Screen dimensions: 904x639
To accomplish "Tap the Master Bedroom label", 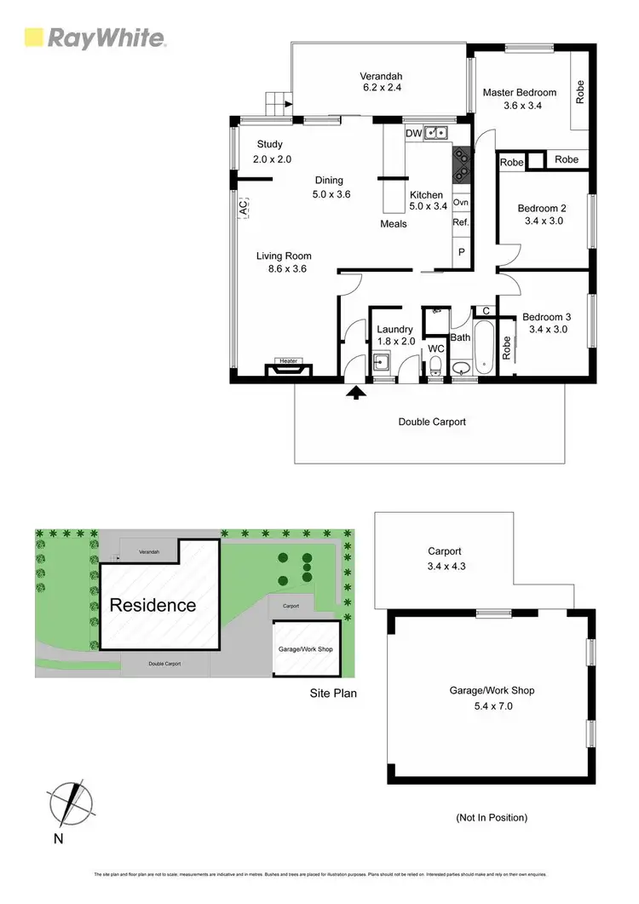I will click(519, 93).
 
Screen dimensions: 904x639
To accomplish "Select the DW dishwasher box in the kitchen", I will click(413, 134).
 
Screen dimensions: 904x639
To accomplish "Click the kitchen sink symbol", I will click(438, 133).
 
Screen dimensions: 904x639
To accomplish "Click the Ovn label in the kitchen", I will click(461, 203).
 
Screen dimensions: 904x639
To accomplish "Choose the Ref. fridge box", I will click(461, 222).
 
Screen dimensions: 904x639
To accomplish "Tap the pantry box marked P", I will click(461, 252).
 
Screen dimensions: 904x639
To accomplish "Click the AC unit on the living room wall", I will click(242, 206).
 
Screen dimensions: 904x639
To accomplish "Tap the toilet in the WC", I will click(435, 366).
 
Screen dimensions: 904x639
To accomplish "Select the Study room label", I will click(269, 145).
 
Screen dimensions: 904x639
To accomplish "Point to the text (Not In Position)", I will click(491, 817).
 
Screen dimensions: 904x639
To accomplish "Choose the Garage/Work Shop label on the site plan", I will click(305, 648).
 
